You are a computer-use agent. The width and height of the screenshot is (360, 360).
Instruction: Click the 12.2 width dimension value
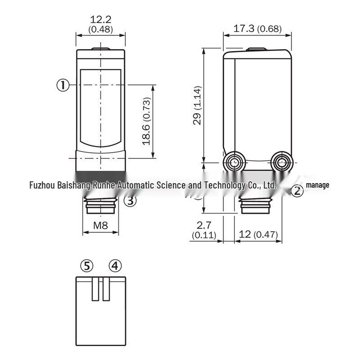[x=100, y=19]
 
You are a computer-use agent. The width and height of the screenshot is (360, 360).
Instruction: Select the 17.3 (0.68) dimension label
[x=257, y=29]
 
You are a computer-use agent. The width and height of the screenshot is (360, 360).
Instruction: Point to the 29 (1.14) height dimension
[x=197, y=105]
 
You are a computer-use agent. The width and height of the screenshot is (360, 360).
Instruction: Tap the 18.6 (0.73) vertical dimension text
[x=147, y=121]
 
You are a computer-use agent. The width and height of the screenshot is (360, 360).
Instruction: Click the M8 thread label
[x=100, y=225]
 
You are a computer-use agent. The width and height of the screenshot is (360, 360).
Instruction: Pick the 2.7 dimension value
[x=204, y=225]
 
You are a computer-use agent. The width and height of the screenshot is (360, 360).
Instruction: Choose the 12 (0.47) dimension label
[x=258, y=234]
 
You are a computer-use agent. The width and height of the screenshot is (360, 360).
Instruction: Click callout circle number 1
[x=63, y=85]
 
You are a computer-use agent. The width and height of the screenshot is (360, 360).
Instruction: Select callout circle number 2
[x=297, y=191]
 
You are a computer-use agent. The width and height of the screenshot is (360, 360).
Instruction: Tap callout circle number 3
[x=130, y=200]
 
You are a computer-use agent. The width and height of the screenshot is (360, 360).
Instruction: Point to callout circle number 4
[x=115, y=265]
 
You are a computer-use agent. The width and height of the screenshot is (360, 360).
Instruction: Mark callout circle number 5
[x=87, y=266]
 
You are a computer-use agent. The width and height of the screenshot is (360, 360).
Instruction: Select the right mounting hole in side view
[x=282, y=162]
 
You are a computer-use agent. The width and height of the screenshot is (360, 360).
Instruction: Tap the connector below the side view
[x=255, y=205]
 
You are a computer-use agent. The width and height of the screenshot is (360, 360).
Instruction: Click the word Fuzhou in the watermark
[x=42, y=185]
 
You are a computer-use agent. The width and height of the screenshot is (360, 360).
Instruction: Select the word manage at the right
[x=318, y=185]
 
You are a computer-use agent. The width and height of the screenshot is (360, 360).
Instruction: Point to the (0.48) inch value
[x=100, y=29]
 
